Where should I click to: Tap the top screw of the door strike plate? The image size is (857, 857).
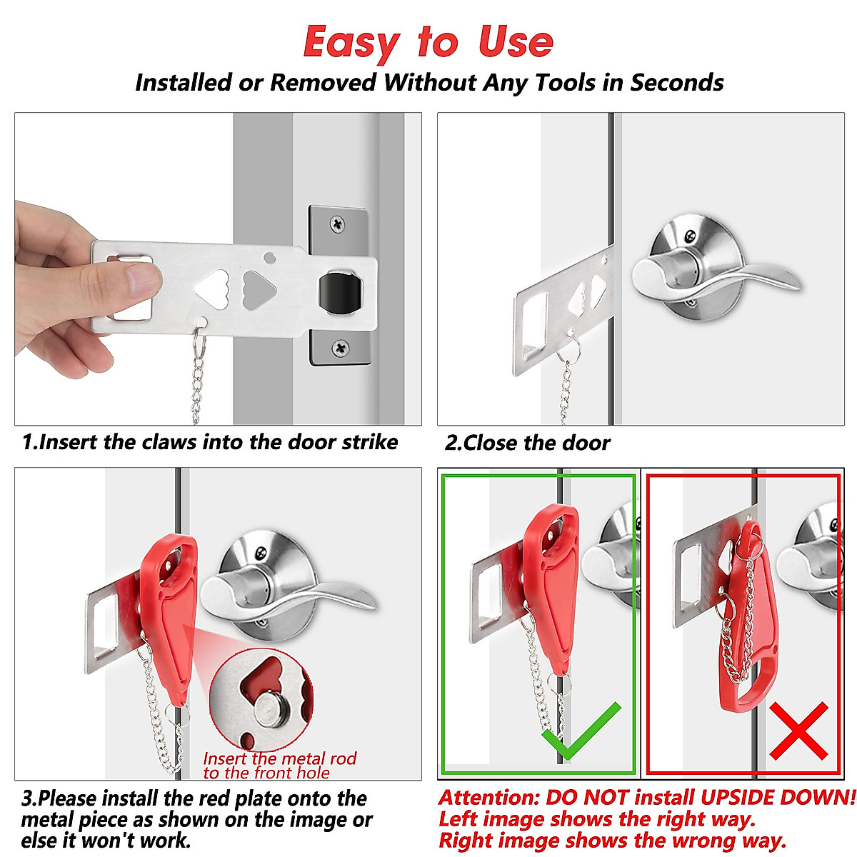coord(338,224)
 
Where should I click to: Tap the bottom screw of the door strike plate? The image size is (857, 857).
coord(341,348)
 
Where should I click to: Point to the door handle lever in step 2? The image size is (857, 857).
coord(721,276)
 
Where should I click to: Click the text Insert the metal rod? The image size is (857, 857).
coord(279,758)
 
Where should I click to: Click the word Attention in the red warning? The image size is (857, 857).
coord(488,797)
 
